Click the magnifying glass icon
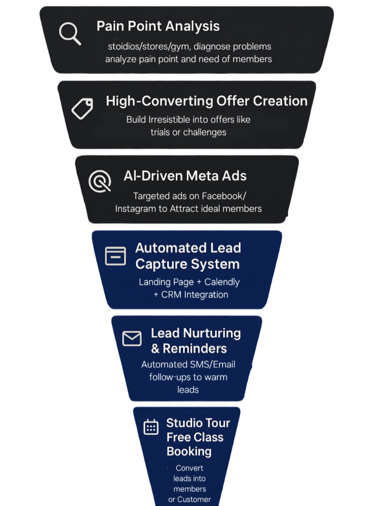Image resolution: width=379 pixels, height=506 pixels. coord(69,34)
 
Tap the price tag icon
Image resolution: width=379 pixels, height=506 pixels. coord(82,108)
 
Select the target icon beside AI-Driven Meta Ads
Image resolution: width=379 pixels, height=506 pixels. coord(100,181)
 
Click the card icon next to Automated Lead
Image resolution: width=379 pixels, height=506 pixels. coord(115,256)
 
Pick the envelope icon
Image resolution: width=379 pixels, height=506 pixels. coord(132,339)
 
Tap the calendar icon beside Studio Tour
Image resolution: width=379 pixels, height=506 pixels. coord(151,427)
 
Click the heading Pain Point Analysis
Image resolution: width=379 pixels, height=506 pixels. coord(158,26)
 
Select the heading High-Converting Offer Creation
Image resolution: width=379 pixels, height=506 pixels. coord(206,101)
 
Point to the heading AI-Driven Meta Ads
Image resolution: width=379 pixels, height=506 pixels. coord(185,176)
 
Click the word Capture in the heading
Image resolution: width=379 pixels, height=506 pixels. coord(161,264)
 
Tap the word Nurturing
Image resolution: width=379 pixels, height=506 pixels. coord(211,333)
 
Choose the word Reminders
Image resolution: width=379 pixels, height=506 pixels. coord(195,349)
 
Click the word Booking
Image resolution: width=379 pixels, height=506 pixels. coord(189,451)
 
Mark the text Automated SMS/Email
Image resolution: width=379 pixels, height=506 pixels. coord(188,364)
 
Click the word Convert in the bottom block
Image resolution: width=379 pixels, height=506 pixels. coord(189,468)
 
